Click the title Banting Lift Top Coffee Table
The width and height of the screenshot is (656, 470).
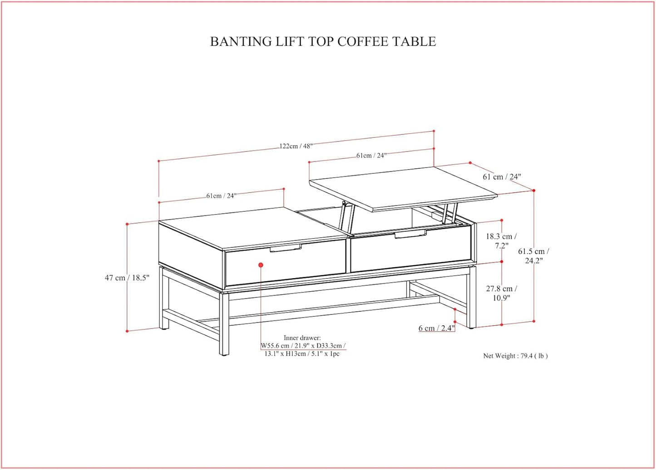point(323,41)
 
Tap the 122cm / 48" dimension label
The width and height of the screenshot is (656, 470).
point(296,146)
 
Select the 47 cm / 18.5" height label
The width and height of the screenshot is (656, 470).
point(127,278)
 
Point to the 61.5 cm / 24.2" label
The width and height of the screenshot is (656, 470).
point(534,256)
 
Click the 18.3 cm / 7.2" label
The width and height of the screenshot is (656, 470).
point(501,241)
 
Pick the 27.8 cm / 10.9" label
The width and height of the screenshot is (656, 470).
point(502,293)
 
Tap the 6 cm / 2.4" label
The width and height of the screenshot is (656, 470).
point(436,328)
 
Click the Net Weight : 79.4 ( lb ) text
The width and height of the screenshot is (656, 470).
point(515,356)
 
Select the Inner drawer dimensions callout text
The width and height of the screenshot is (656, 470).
point(302,346)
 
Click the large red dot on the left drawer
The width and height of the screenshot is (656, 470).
point(261,265)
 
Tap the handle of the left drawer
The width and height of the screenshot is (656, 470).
point(286,248)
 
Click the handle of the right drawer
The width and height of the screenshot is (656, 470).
point(410,234)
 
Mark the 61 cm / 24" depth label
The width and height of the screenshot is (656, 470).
point(502,176)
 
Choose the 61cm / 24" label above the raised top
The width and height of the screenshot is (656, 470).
point(371,156)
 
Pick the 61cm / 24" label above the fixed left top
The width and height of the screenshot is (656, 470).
point(221,196)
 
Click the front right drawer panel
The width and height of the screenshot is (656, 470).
point(409,252)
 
